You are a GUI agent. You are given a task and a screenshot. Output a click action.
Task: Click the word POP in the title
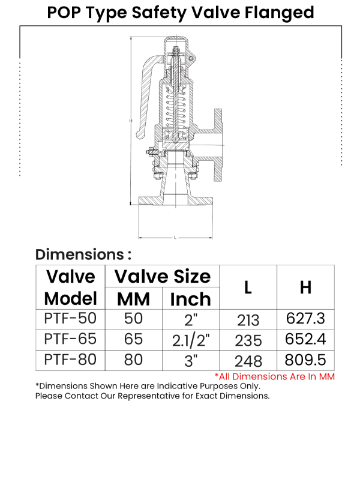(66, 12)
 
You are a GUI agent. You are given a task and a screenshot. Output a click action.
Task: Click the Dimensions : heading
(83, 254)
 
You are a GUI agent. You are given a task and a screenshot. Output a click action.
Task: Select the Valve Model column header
(71, 287)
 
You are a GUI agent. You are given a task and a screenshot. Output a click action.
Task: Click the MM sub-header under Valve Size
(133, 298)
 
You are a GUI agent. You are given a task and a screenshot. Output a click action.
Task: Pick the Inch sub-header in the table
(191, 298)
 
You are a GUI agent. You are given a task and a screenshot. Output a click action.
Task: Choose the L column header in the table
(248, 287)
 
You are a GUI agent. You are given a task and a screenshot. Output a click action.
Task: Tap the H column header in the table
(305, 287)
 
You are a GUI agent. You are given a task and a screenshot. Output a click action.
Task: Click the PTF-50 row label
(71, 318)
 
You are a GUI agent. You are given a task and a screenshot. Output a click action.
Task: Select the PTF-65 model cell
(71, 339)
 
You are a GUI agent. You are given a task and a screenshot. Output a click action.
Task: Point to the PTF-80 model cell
(71, 360)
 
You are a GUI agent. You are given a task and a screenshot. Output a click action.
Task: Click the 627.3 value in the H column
(305, 319)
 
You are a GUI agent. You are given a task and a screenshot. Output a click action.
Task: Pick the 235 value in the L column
(248, 340)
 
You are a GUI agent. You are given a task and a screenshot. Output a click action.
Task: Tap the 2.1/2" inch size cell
(191, 340)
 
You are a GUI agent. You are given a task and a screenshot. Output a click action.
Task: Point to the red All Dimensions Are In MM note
(274, 376)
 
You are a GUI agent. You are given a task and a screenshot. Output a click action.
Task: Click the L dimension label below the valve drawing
(175, 238)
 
